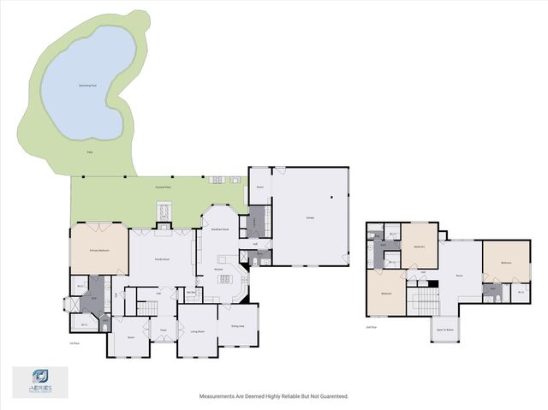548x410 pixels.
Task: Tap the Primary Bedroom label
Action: pos(99,249)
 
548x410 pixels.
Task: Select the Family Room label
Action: pos(161,258)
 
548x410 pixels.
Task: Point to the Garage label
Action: pos(309,217)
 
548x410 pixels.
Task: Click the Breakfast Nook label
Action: pos(219,229)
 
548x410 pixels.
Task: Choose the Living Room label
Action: pos(197,331)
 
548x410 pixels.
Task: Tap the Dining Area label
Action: pos(237,326)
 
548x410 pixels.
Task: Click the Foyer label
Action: pos(162,329)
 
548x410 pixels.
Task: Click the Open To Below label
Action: pos(444,329)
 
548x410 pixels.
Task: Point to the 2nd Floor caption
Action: pos(371,327)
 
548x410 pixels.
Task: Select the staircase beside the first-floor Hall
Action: pos(130,304)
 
